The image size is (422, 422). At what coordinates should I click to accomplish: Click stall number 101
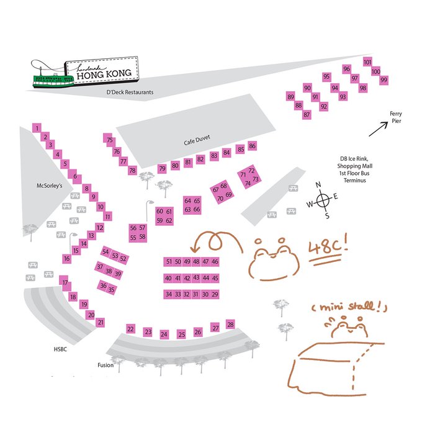[x=367, y=62]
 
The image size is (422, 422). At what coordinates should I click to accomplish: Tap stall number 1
[x=37, y=128]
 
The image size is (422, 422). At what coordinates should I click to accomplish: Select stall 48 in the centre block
[x=196, y=262]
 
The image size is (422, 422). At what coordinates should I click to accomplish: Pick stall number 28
[x=231, y=325]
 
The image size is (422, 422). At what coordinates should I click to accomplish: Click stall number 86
[x=252, y=146]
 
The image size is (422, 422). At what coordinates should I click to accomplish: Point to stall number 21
[x=101, y=322]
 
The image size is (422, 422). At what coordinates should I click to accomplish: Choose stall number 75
[x=109, y=140]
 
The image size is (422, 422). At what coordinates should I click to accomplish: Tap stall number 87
[x=307, y=114]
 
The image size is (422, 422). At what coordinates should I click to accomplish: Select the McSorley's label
[x=50, y=185]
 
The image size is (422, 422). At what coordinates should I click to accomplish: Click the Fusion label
[x=105, y=365]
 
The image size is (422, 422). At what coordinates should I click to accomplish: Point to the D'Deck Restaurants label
[x=130, y=92]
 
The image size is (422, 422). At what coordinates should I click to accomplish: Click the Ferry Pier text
[x=395, y=117]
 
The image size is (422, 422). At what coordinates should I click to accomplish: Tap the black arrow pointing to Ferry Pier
[x=379, y=128]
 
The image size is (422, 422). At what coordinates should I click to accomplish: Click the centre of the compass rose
[x=323, y=200]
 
